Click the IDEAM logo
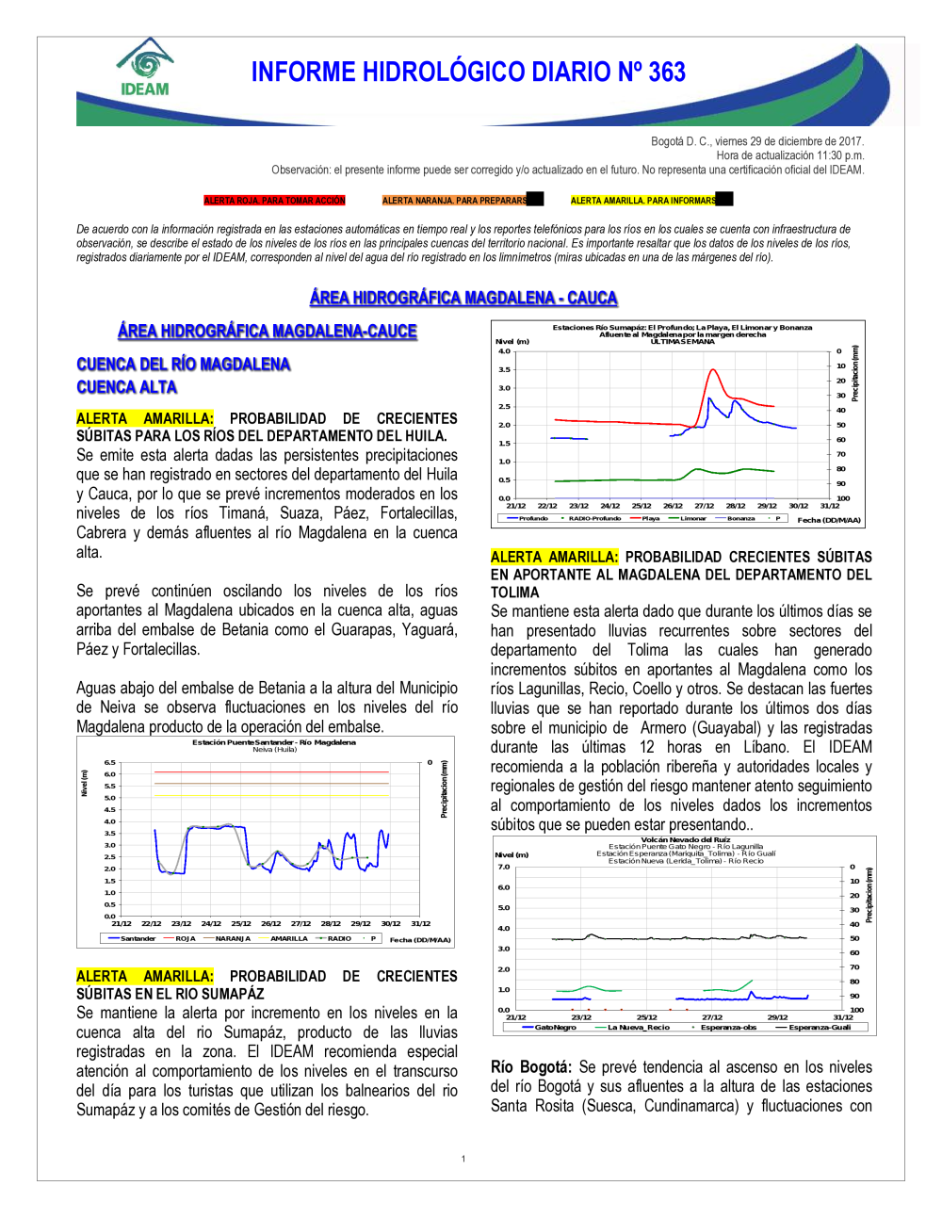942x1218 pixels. tap(145, 68)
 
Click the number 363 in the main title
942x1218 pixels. tap(665, 73)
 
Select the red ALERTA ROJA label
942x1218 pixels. tap(274, 201)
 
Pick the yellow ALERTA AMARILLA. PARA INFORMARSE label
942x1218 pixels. tap(643, 201)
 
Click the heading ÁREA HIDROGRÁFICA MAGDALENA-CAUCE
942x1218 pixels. tap(267, 331)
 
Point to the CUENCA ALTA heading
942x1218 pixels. tap(126, 387)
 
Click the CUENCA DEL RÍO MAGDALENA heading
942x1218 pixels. tap(183, 365)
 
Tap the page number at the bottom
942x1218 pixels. tap(463, 1159)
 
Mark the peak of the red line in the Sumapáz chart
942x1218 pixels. tap(713, 370)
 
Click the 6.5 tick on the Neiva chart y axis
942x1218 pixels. tap(110, 762)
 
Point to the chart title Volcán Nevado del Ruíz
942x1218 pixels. tap(685, 839)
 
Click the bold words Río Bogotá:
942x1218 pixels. tap(530, 1067)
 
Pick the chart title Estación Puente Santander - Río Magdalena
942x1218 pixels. tap(274, 742)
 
